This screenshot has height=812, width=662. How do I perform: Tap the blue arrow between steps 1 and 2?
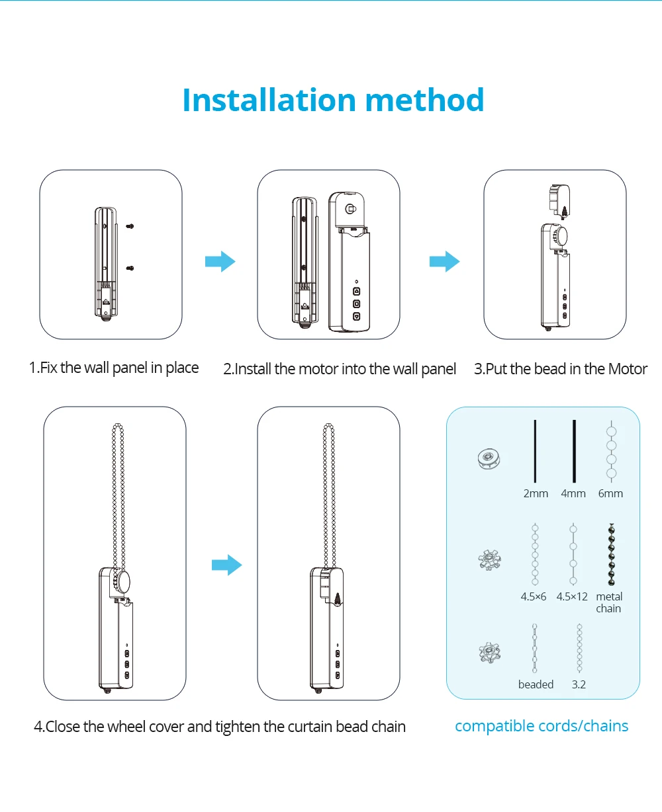pos(220,261)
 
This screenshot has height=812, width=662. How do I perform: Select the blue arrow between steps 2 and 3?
pos(444,261)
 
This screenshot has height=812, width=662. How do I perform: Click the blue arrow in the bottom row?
pos(227,565)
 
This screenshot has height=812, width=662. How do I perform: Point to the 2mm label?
pos(536,493)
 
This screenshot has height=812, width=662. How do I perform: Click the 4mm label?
pos(573,493)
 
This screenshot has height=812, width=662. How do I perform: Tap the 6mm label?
pos(610,493)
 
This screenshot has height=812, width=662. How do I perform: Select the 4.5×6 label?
pos(534,596)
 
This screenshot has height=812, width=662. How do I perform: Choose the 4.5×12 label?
pos(572,596)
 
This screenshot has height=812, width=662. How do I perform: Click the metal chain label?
pos(609,602)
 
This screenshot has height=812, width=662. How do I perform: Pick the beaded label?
pos(536,684)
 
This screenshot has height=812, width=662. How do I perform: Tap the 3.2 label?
pos(579,684)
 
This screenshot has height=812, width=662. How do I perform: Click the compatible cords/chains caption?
pos(542,726)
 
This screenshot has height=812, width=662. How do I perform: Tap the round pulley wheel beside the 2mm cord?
pos(488,458)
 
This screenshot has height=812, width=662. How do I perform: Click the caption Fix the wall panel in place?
pos(114,368)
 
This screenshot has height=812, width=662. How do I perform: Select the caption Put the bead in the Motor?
pos(561,369)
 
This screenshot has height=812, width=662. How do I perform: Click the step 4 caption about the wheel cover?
pos(220,727)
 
